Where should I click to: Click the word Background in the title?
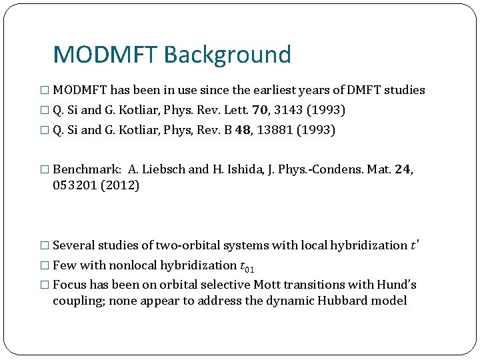227,55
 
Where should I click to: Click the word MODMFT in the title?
105,55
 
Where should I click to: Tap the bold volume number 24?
403,169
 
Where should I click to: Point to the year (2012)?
120,185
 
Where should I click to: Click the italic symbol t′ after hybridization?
415,245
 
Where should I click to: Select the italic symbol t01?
247,266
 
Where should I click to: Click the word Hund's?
397,285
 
